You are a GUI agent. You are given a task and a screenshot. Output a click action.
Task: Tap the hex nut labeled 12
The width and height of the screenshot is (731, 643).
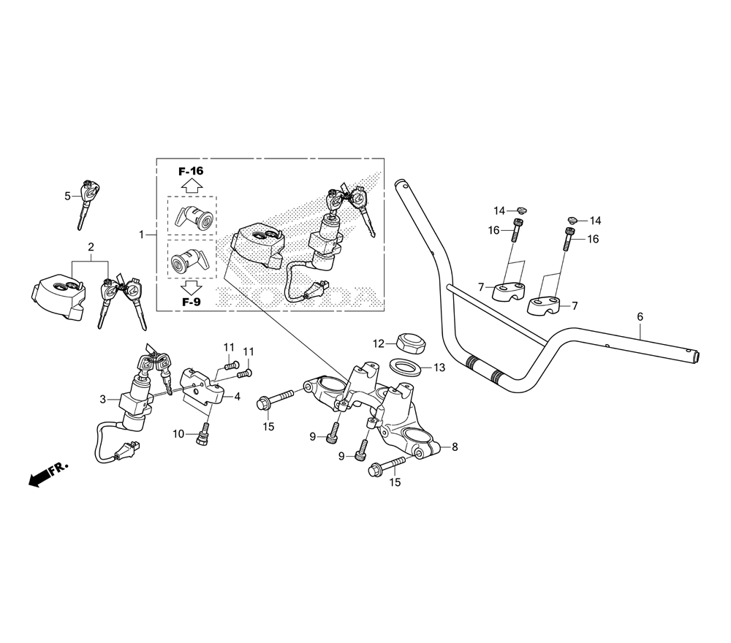pos(409,341)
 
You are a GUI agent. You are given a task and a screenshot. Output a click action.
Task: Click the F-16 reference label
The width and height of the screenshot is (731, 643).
pos(191,171)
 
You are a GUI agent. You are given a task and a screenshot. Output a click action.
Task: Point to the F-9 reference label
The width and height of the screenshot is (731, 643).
pos(191,301)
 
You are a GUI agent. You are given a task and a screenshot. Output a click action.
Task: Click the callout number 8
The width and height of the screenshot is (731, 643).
pos(455,447)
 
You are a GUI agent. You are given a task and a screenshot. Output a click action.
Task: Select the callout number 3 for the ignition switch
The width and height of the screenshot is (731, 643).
pos(103,399)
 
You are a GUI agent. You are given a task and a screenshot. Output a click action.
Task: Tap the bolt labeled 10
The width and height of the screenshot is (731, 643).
pos(202,436)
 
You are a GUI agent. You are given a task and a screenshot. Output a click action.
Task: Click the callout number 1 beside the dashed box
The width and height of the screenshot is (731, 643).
pos(142,235)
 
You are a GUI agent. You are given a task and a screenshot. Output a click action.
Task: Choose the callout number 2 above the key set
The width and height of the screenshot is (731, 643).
pos(91,247)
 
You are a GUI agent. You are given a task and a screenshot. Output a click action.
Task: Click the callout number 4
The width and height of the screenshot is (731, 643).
pos(237,397)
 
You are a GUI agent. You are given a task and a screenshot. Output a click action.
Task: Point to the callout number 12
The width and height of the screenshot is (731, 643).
pos(378,343)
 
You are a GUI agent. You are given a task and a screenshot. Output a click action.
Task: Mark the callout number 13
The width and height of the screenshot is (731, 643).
pos(439,368)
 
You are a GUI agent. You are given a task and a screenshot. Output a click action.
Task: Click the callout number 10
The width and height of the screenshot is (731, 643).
pos(178,434)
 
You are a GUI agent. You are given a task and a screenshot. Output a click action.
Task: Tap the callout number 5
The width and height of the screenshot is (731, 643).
pos(67,196)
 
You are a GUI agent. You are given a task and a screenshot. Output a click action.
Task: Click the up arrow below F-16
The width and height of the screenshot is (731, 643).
pos(191,186)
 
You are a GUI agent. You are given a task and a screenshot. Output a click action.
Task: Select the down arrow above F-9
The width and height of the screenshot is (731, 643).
pos(191,286)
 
